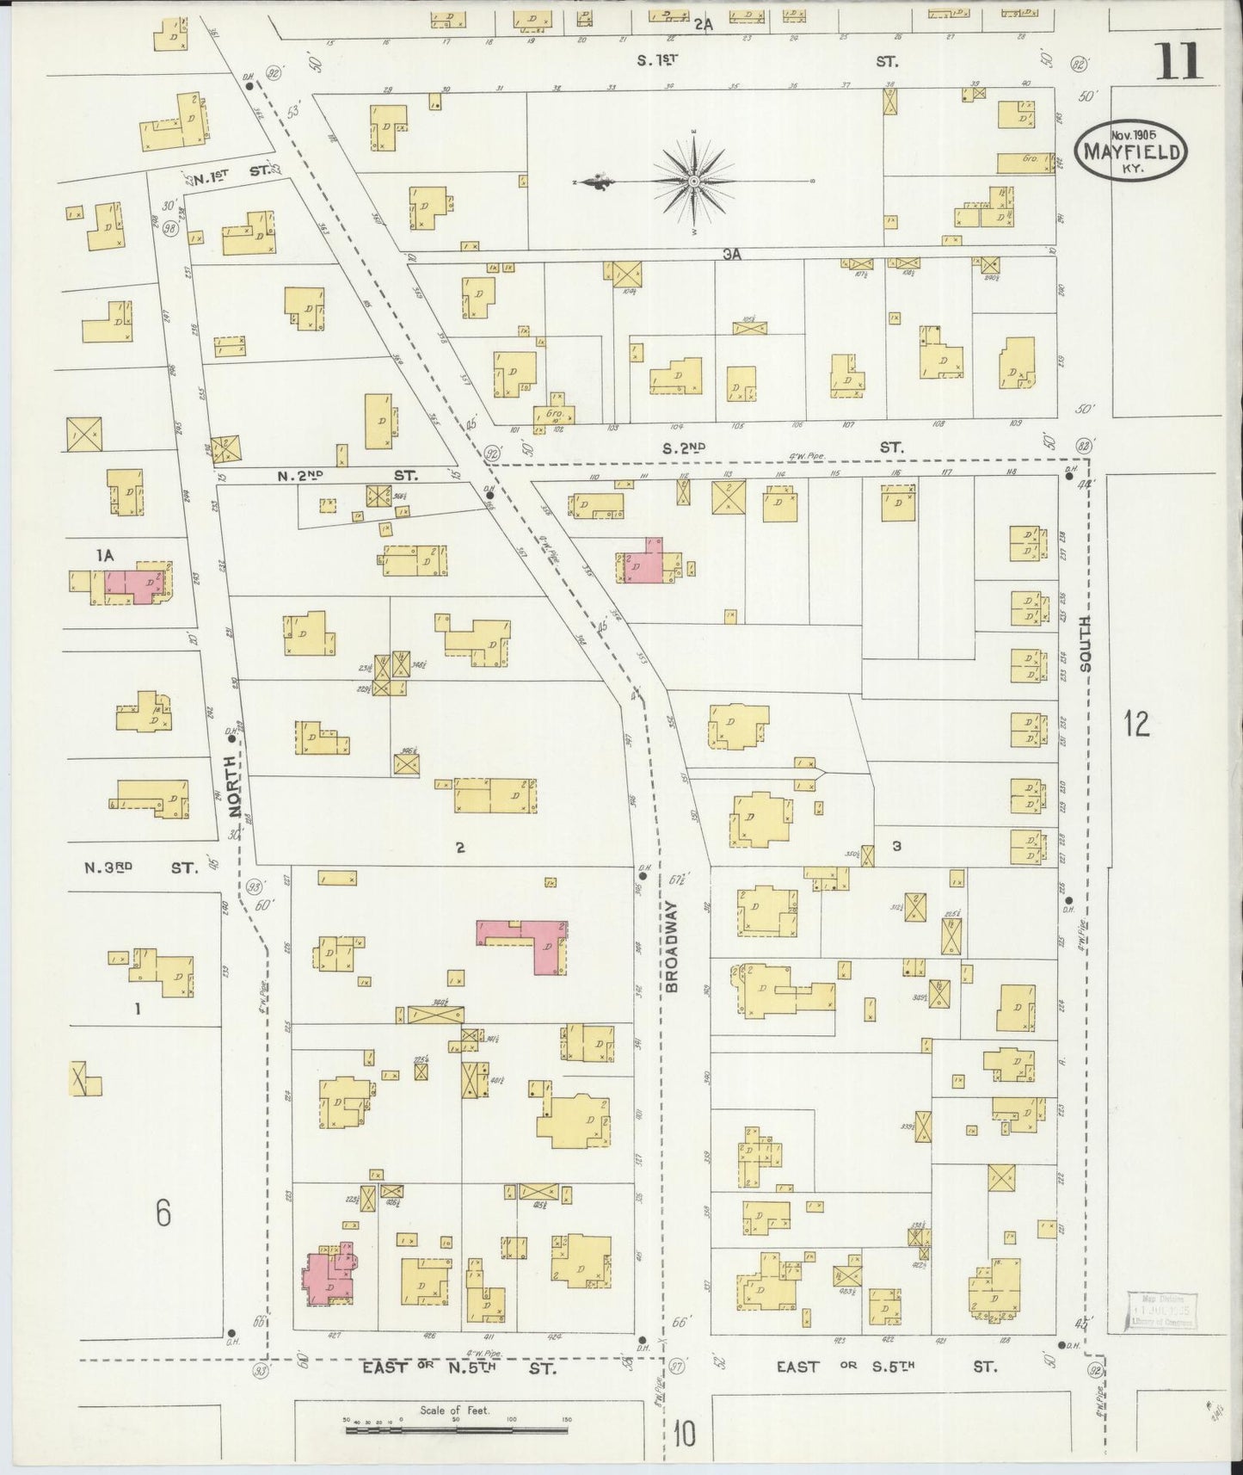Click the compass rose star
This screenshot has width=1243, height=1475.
point(693,182)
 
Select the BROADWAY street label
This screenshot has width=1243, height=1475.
point(673,947)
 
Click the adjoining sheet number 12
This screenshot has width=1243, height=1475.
point(1135,724)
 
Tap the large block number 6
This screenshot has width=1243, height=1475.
point(163,1213)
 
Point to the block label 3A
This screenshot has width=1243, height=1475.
point(732,254)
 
